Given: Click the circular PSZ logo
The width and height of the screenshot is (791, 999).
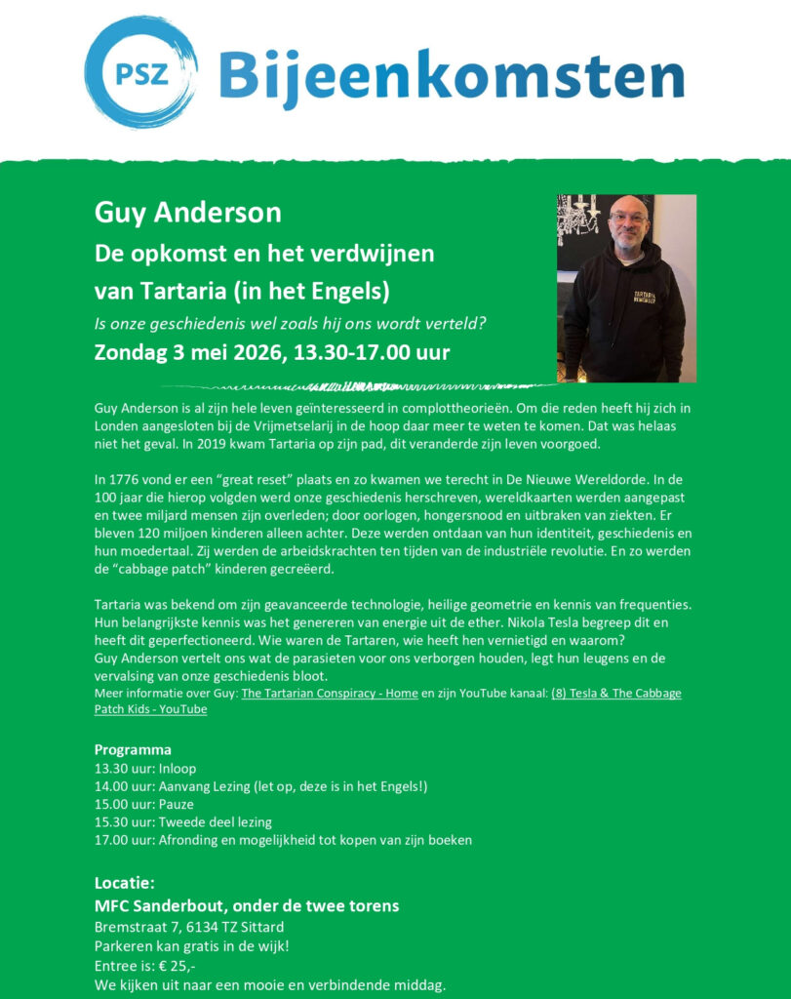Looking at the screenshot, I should tap(140, 72).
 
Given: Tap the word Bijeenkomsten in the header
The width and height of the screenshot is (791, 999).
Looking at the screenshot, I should tap(451, 74).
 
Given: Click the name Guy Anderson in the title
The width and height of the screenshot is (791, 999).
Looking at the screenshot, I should tap(187, 212).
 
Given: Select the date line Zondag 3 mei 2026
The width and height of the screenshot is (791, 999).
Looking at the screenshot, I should tap(272, 352).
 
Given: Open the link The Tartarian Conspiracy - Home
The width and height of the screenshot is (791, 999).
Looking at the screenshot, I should tap(329, 693).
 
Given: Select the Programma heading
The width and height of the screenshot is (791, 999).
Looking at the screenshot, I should tap(133, 749).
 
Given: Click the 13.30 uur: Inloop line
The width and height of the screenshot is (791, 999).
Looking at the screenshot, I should tap(144, 768).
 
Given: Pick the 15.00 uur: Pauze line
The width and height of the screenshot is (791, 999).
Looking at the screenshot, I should tap(143, 804).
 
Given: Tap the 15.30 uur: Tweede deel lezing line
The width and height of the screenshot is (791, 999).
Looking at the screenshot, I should tap(182, 821).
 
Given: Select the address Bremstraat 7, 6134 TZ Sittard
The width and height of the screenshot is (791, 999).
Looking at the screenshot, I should tap(189, 926).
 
